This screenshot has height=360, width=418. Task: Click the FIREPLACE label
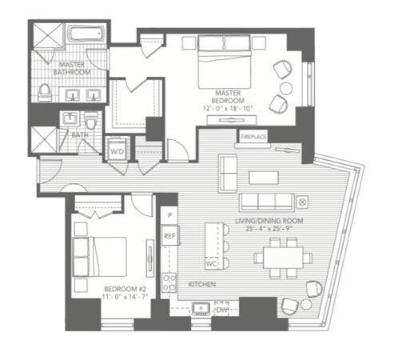(253, 137)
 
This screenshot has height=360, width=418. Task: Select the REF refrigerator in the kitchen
(169, 236)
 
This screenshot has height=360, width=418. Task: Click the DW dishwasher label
(222, 310)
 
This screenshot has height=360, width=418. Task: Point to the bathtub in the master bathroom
(86, 34)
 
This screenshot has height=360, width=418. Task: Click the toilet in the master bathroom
(45, 93)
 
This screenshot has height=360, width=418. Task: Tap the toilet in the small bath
(91, 121)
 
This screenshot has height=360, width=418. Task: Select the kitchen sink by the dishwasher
(201, 309)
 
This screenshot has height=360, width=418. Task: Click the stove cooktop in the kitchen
(169, 282)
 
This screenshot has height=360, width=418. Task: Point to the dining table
(283, 258)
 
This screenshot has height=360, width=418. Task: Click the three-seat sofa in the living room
(267, 202)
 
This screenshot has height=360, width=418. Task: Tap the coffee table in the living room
(264, 177)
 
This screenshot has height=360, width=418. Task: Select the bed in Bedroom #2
(99, 257)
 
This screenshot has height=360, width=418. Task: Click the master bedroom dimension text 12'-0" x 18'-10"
(228, 109)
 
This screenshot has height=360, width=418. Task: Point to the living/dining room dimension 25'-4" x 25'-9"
(269, 229)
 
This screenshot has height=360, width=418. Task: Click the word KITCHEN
(202, 285)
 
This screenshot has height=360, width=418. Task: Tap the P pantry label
(169, 215)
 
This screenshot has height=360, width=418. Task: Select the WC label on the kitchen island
(211, 264)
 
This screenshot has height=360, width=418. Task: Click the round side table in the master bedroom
(286, 89)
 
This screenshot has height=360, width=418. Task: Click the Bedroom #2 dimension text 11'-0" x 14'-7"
(125, 297)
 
